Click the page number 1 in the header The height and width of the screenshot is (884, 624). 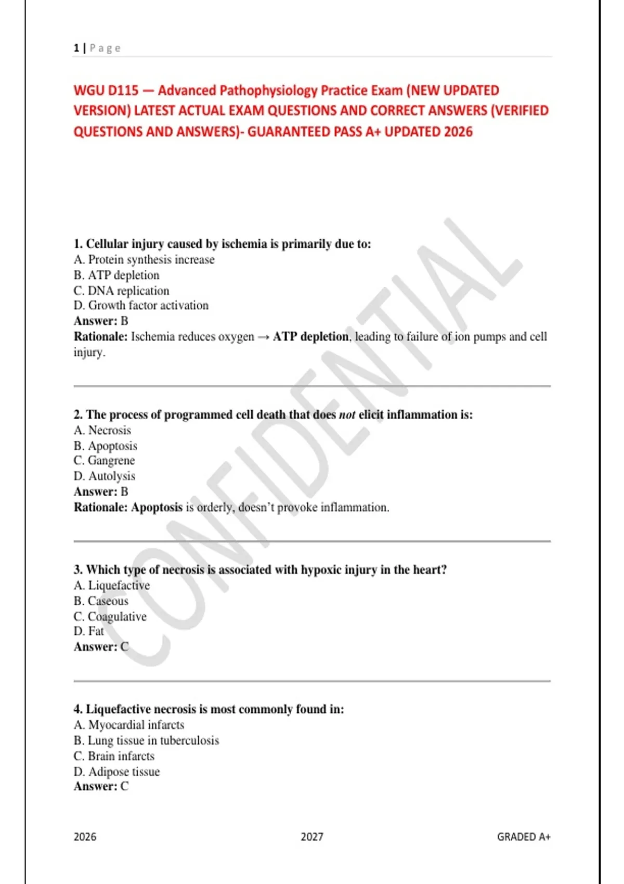pos(76,48)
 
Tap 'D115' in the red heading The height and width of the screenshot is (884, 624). pos(124,90)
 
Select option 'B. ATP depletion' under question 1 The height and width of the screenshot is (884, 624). pos(116,275)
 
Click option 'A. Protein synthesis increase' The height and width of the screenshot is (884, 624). pos(144,259)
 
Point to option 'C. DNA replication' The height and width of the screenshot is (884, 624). pos(121,291)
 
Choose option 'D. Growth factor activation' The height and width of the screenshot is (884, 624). pos(141,305)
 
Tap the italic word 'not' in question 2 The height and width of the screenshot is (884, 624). pos(347,415)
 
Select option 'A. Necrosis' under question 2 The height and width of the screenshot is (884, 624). pos(102,430)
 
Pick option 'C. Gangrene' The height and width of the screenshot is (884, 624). pos(104,461)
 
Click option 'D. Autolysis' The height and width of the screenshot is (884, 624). pos(104,476)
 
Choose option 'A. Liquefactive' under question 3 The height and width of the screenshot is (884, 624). pos(112,585)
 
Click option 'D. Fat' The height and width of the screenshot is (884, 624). pos(89,631)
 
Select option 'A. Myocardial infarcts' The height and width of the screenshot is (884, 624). pos(129,724)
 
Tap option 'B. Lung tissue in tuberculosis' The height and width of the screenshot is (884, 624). pos(146,740)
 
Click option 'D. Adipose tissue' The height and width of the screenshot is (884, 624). pos(116,771)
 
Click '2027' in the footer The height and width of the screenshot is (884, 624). pos(312,837)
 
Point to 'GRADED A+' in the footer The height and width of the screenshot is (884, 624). pos(524,837)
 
